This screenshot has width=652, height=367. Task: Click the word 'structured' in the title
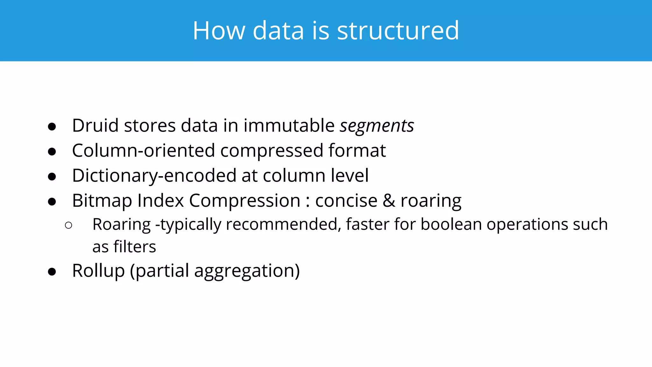pyautogui.click(x=398, y=31)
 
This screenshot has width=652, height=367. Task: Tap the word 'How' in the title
pyautogui.click(x=219, y=31)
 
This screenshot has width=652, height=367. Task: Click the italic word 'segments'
pyautogui.click(x=377, y=126)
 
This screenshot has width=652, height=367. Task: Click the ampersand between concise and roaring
pyautogui.click(x=389, y=201)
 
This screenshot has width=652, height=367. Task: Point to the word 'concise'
pyautogui.click(x=346, y=201)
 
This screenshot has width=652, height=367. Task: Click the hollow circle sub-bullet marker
pyautogui.click(x=68, y=226)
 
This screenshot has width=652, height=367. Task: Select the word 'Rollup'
pyautogui.click(x=98, y=271)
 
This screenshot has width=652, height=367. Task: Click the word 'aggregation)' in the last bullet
pyautogui.click(x=247, y=271)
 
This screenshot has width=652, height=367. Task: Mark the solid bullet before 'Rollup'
pyautogui.click(x=52, y=272)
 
